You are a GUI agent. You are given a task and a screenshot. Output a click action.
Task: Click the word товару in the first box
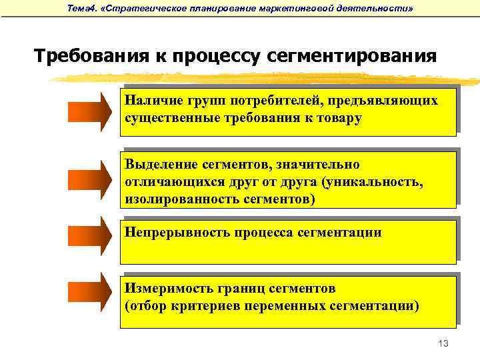click(x=338, y=118)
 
